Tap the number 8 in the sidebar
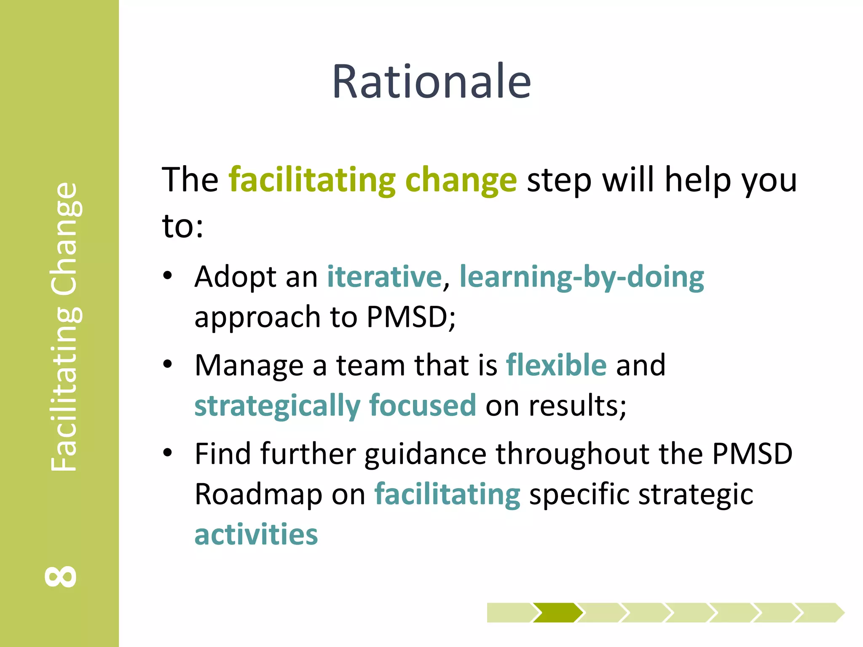click(61, 576)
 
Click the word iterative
click(384, 277)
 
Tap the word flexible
click(556, 365)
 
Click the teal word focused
click(423, 405)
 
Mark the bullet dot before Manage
click(168, 364)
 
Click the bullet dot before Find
click(168, 453)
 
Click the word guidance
click(426, 454)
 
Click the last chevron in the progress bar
click(820, 612)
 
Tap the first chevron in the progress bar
click(509, 612)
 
